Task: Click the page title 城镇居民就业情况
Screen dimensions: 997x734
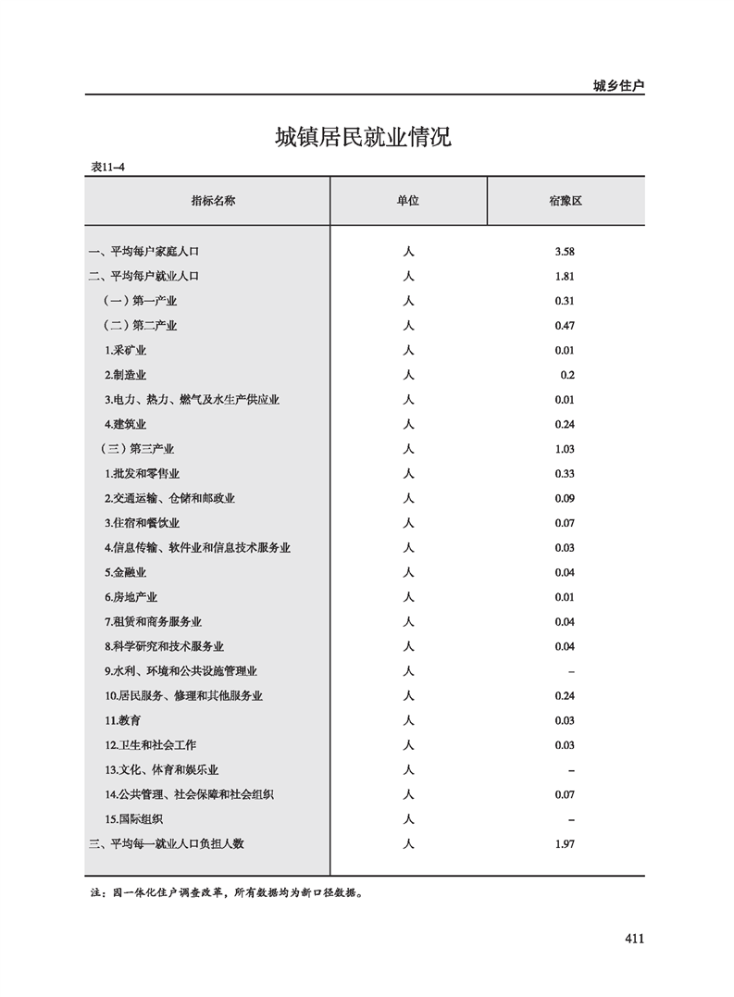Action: point(363,138)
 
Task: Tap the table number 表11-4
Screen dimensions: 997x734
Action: point(107,168)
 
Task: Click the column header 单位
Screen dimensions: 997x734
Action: point(408,201)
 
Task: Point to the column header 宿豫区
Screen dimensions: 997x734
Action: point(565,201)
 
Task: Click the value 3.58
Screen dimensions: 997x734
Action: point(565,252)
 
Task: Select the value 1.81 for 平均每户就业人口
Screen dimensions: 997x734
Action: point(565,276)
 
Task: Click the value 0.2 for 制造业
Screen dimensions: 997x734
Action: point(567,375)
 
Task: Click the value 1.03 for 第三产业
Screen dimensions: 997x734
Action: point(565,449)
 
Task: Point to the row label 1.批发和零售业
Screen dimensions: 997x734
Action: point(142,474)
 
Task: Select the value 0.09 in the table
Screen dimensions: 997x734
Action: point(565,499)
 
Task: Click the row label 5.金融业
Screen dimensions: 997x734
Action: point(125,573)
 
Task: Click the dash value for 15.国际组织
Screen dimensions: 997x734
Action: point(571,820)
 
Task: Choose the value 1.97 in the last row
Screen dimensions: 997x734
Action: point(565,844)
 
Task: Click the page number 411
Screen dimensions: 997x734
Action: point(633,939)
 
